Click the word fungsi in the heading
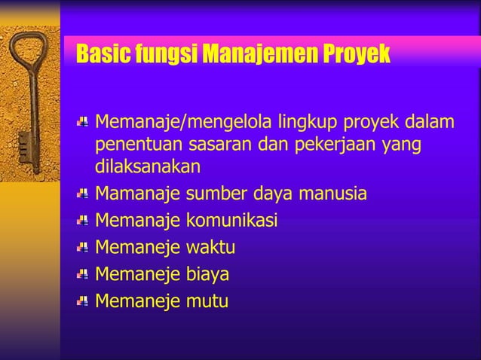161,55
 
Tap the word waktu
210,248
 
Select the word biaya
208,274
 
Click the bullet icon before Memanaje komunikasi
83,220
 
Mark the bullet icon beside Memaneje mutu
83,301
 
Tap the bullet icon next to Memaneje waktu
83,247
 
